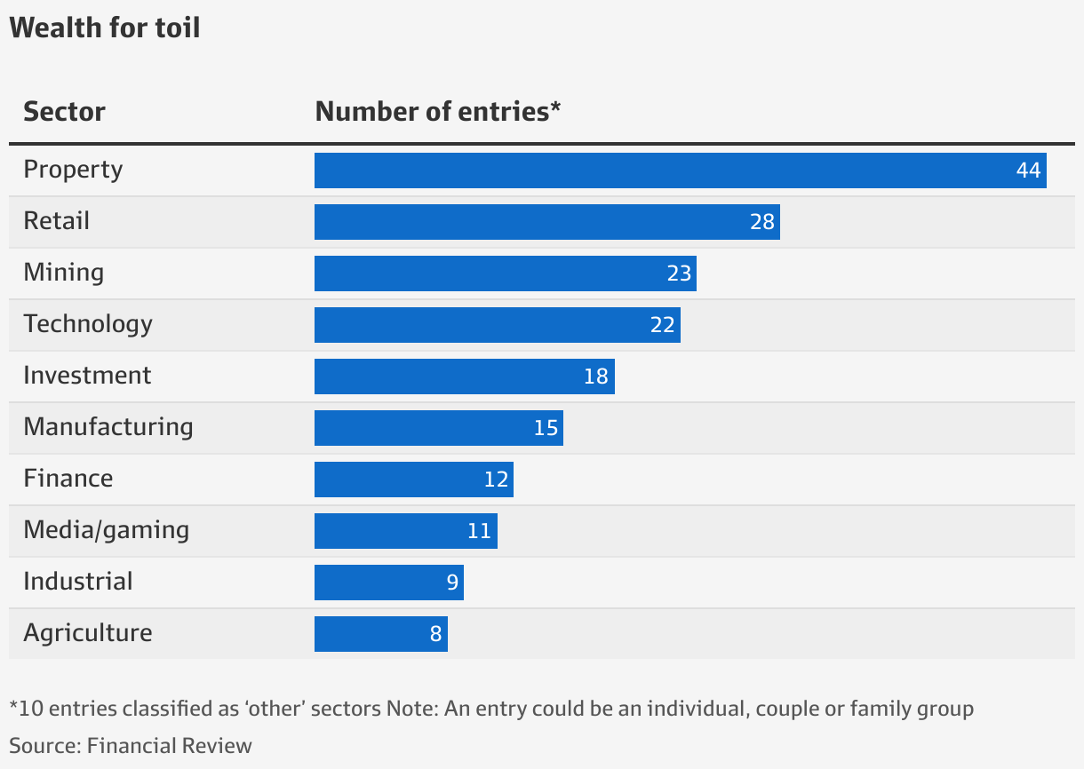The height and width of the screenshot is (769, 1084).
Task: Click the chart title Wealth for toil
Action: pyautogui.click(x=105, y=28)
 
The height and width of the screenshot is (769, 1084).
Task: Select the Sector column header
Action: pyautogui.click(x=64, y=112)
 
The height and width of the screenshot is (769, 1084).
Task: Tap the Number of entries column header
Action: pyautogui.click(x=438, y=112)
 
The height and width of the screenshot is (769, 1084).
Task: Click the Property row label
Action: pyautogui.click(x=73, y=170)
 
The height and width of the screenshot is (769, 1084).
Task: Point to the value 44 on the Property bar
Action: pyautogui.click(x=1027, y=170)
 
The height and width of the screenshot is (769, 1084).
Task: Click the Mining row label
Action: pyautogui.click(x=63, y=273)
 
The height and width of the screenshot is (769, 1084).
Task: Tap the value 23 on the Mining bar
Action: pyautogui.click(x=679, y=274)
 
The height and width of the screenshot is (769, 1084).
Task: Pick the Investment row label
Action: pyautogui.click(x=87, y=376)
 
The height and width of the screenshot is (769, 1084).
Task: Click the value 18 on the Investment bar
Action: pyautogui.click(x=595, y=377)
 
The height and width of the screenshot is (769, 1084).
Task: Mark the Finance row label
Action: pyautogui.click(x=68, y=479)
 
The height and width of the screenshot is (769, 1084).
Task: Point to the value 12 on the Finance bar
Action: pyautogui.click(x=496, y=480)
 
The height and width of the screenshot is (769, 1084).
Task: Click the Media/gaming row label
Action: pyautogui.click(x=107, y=530)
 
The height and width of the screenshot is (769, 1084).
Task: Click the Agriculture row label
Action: pyautogui.click(x=88, y=633)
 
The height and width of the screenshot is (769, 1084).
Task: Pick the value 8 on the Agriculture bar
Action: pyautogui.click(x=435, y=634)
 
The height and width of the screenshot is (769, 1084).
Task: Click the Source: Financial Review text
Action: pyautogui.click(x=131, y=745)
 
